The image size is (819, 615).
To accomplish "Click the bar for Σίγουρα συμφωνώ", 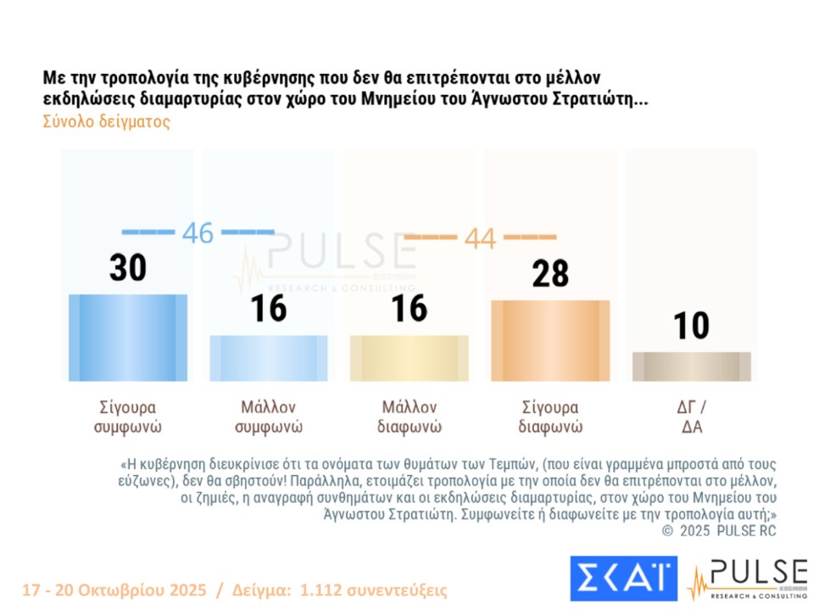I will tap(127, 338).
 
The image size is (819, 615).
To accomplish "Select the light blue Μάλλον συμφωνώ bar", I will tap(268, 358).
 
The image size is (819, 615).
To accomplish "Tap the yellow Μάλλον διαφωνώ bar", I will tap(409, 358).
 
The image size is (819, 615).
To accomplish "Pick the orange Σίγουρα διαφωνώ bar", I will tap(550, 340).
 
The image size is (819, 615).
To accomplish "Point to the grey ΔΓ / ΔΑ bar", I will tap(691, 366).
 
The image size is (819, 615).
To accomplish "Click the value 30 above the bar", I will tap(128, 268).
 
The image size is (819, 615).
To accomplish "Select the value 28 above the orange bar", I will tap(550, 274).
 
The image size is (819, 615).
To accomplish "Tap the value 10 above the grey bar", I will tap(691, 326).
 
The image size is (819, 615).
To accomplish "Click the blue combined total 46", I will tap(198, 232).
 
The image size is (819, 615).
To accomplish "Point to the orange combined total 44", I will tap(480, 238).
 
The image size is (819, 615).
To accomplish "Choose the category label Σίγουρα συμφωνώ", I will tap(127, 416).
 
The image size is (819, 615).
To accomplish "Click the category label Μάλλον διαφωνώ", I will tap(409, 416).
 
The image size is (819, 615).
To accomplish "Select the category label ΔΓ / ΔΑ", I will tap(691, 416).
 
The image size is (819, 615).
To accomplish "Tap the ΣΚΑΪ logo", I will tap(623, 579).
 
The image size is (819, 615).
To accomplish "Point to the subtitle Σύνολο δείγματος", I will tap(106, 121).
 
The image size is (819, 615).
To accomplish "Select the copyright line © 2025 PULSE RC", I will tap(718, 531).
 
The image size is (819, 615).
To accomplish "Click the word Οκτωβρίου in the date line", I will tap(119, 590).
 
